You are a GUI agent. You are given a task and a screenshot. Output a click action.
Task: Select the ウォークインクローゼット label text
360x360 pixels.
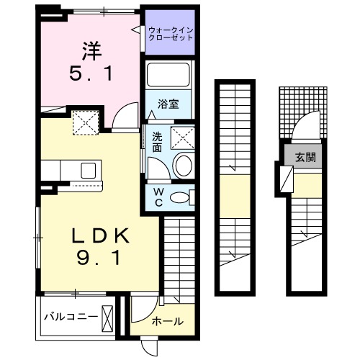pos(171,34)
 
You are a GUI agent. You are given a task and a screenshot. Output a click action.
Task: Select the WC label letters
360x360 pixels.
pos(159,197)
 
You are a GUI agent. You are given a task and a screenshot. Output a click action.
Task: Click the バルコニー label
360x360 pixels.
pos(70,316)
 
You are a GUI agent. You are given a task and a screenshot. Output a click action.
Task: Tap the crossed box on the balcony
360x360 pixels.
pos(108,317)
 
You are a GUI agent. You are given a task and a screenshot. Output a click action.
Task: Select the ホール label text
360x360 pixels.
pos(168,321)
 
